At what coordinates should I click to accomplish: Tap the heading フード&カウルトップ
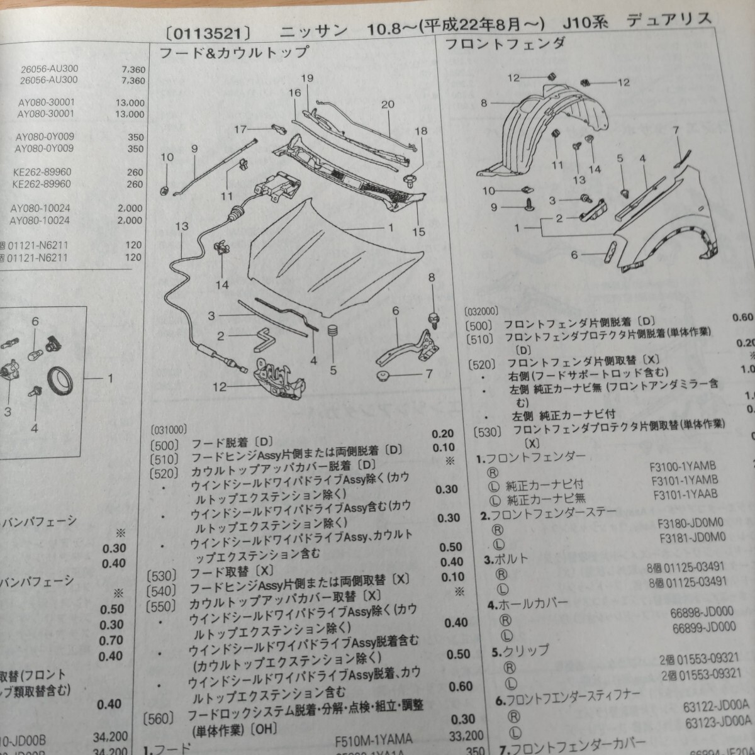coord(233,52)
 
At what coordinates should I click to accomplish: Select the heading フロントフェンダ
coord(505,43)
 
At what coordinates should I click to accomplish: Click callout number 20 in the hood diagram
coord(388,104)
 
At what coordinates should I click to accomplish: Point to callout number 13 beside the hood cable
coord(182,226)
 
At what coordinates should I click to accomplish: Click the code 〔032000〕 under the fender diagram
coord(481,311)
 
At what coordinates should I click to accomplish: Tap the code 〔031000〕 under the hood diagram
coord(169,430)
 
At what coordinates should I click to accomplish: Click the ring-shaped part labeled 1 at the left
coord(62,379)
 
